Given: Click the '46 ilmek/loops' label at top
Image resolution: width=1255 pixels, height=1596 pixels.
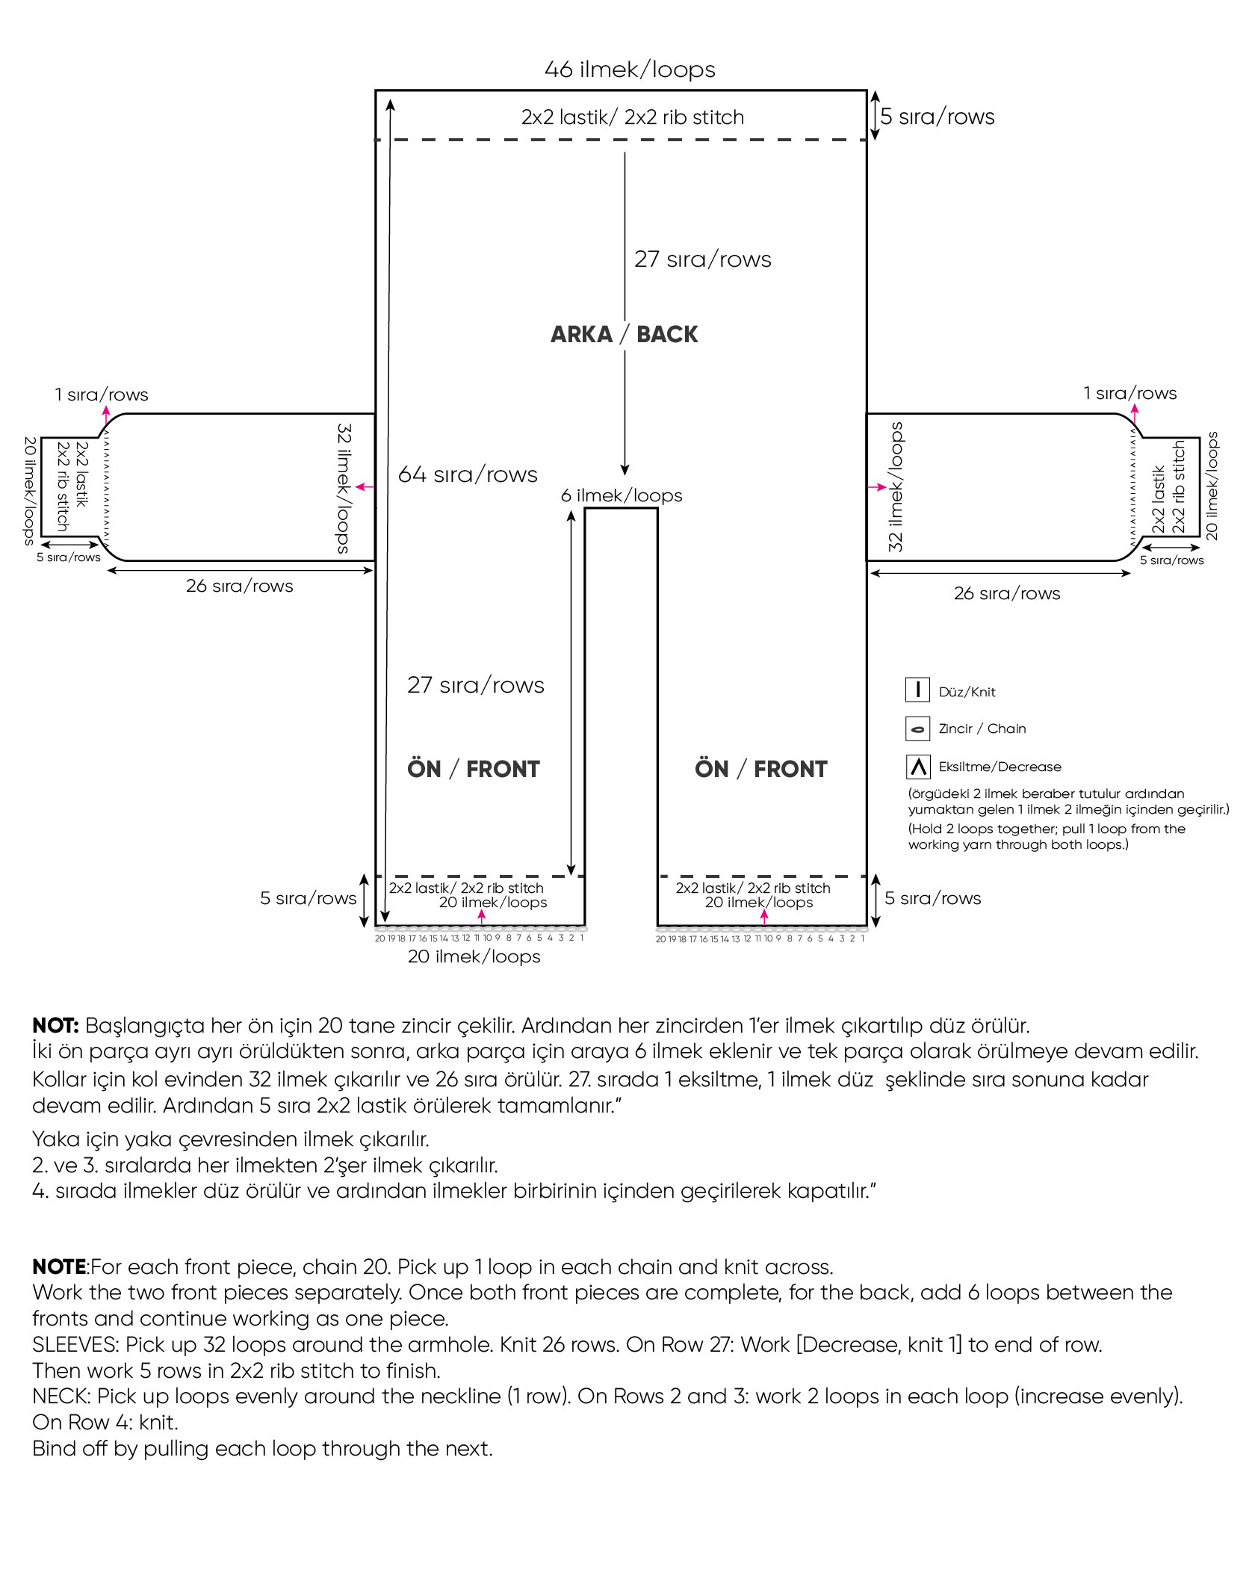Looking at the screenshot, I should [629, 69].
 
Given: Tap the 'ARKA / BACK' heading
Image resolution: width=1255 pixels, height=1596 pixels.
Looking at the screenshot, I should [624, 334].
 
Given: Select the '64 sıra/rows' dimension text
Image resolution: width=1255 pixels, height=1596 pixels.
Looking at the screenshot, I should [468, 474].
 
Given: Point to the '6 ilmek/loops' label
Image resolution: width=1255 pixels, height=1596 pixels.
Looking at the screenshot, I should [622, 495].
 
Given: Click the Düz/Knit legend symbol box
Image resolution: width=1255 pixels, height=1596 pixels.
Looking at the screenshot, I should [917, 690].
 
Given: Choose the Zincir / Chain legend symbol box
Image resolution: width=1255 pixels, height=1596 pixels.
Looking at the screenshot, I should [917, 729].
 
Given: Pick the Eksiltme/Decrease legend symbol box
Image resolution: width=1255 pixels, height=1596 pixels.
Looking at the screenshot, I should [917, 767].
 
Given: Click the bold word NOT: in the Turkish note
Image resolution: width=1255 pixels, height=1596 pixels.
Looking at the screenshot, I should [55, 1025].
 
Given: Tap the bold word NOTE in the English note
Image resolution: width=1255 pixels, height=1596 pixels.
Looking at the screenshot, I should [59, 1266].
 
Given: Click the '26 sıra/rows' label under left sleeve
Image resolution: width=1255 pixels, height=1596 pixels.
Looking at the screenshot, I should [239, 586].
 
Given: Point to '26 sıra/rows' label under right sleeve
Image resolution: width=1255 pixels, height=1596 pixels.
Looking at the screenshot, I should [1006, 593].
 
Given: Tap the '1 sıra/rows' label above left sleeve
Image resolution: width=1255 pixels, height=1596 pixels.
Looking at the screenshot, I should [102, 395].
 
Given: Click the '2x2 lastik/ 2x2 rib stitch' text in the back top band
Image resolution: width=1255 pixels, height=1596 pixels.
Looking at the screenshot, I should [632, 117].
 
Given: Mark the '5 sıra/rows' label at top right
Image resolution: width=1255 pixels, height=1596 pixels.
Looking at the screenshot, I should [937, 117].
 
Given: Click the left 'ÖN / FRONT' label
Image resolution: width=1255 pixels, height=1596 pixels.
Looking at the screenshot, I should [473, 769].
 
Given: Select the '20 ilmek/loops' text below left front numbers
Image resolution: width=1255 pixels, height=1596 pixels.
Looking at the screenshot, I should [474, 956].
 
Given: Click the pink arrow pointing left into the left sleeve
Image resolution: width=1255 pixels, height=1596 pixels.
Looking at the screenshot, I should [364, 487].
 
